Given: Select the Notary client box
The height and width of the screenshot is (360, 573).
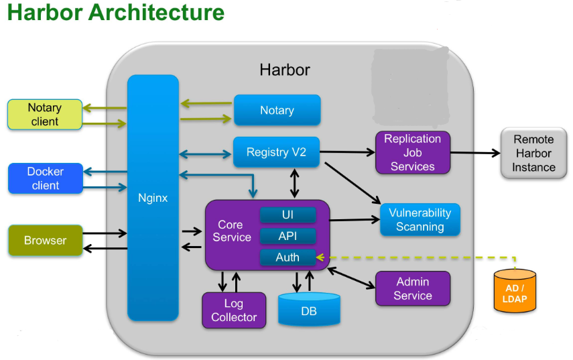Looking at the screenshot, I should [x=44, y=115].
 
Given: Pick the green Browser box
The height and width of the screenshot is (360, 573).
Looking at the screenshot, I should [x=45, y=241].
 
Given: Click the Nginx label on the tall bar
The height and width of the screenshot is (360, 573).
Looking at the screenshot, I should [x=153, y=198].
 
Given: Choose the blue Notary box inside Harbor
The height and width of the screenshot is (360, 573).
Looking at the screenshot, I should [x=277, y=111].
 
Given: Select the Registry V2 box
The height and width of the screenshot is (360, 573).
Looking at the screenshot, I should [x=276, y=152].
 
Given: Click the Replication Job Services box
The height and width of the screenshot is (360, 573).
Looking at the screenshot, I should [x=412, y=153].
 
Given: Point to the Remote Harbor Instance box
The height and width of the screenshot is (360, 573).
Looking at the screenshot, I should [x=533, y=154].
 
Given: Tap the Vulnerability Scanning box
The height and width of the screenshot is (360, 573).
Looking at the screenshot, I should [x=420, y=220].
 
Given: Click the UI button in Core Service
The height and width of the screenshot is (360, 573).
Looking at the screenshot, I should [x=288, y=215].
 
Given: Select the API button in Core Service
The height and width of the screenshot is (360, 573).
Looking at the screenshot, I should [x=288, y=236].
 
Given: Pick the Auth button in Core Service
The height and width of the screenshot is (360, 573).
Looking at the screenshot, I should [x=288, y=257].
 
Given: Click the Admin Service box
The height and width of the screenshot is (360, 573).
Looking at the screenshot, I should [x=412, y=289].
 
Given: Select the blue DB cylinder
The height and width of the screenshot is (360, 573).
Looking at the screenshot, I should [x=308, y=311].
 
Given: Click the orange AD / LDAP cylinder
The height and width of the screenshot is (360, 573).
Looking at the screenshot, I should [x=514, y=294].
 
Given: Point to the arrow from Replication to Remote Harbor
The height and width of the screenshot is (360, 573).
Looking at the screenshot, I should [x=475, y=153].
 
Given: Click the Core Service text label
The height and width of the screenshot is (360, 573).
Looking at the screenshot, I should [x=232, y=231].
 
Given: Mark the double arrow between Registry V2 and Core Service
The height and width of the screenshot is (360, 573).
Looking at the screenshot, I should [x=294, y=183].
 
